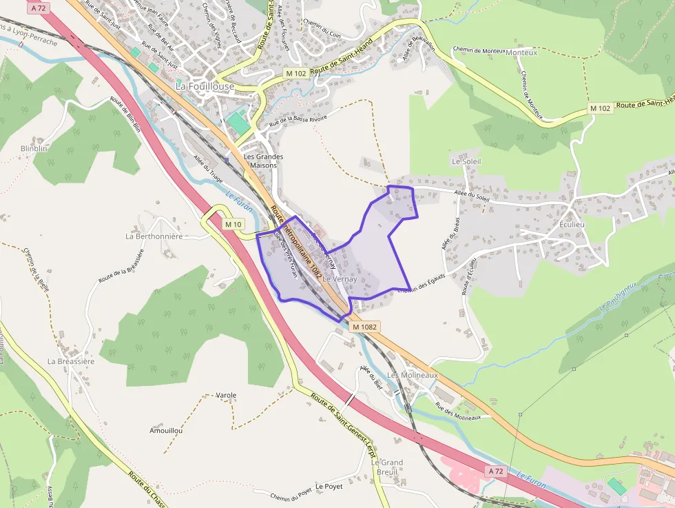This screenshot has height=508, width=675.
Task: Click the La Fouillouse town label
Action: tap(205, 87)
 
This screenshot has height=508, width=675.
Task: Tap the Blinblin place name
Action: tap(34, 148)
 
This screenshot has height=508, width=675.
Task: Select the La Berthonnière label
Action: tap(154, 236)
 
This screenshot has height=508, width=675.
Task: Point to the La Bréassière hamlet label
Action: tap(71, 360)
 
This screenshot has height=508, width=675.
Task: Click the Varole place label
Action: tap(226, 395)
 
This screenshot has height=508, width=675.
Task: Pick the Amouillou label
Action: tap(166, 430)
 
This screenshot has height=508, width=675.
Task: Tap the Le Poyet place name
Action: tap(329, 486)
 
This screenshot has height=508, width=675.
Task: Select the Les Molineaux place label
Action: tap(413, 375)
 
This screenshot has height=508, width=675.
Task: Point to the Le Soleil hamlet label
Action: tap(466, 161)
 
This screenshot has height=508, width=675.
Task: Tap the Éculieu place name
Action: tap(572, 224)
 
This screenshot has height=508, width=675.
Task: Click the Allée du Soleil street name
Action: tap(472, 196)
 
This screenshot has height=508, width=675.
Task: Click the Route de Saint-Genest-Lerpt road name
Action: tap(342, 420)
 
